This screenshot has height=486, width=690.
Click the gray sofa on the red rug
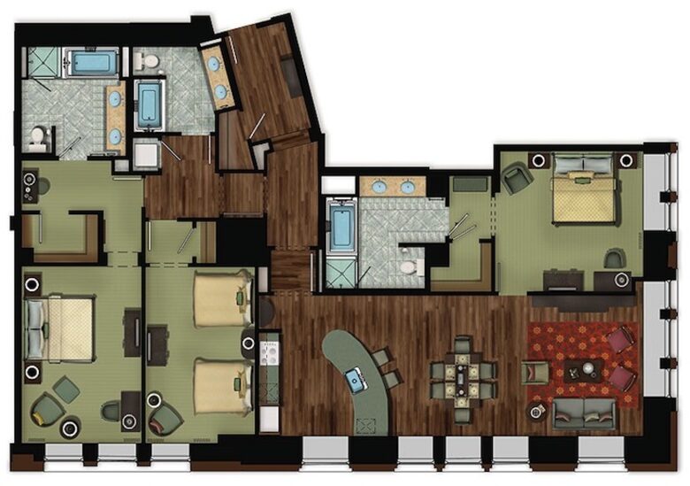pos(584,412)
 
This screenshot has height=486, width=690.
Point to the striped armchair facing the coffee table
pos(533,372)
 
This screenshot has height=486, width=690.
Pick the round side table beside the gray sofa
pos(536,412)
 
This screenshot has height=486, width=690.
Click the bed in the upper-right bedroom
pos(583,189)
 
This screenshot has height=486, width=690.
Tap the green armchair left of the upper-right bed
pos(517,181)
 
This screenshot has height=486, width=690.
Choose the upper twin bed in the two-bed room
pos(221,298)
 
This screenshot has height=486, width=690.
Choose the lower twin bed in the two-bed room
pos(221,385)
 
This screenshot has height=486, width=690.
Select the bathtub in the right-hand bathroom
pos(341,228)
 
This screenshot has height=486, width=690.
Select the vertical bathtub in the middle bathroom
pos(149,105)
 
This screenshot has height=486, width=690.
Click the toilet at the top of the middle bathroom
pos(148,62)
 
